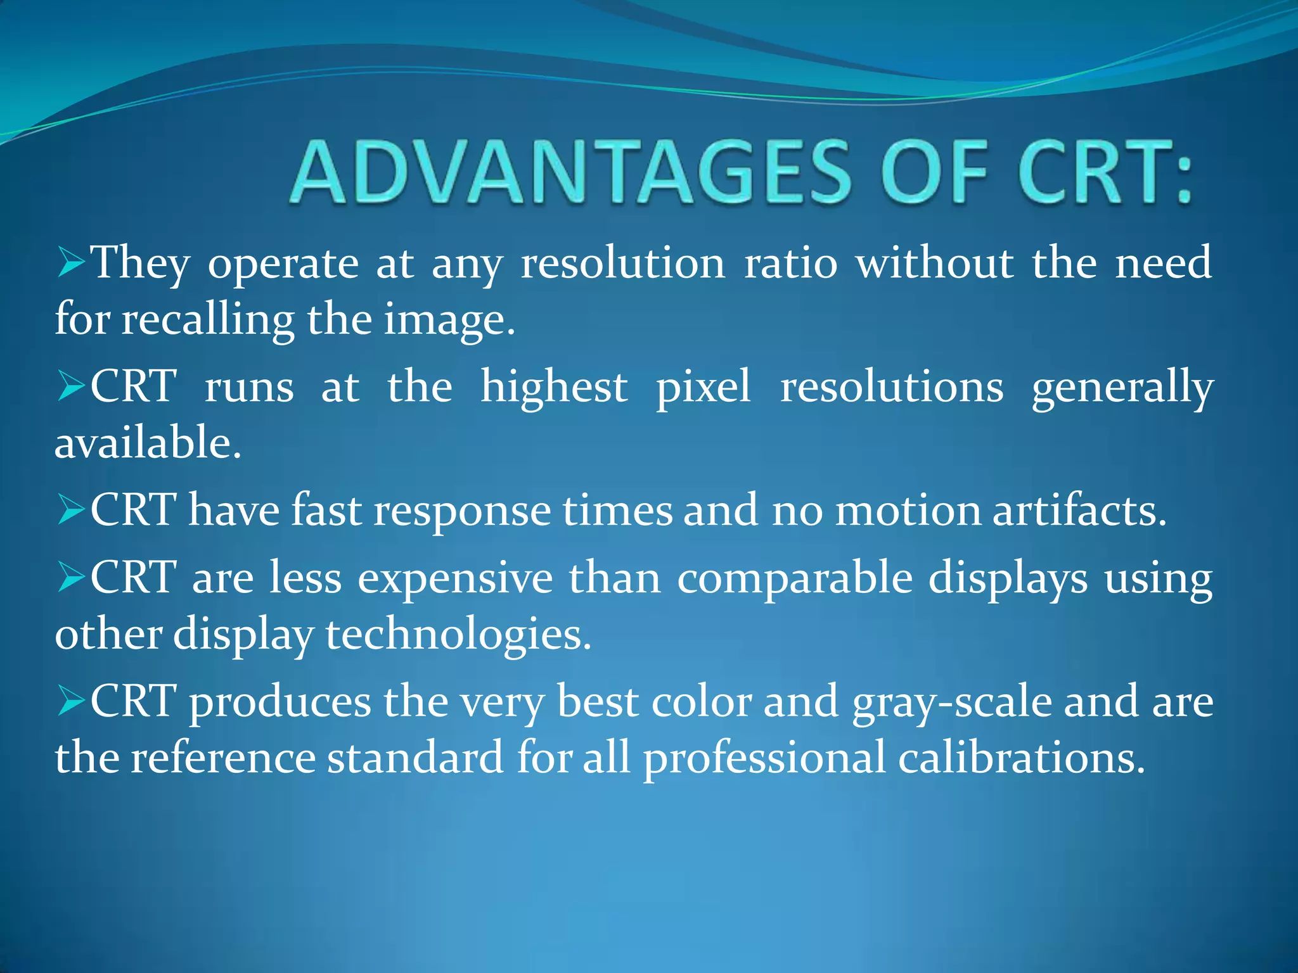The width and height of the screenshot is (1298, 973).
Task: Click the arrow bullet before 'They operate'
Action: [x=70, y=262]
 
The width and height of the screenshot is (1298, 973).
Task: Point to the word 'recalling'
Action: [x=208, y=319]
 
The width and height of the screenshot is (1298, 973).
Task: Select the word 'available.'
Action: [x=148, y=442]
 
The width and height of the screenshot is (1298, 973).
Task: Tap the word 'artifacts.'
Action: [x=1079, y=511]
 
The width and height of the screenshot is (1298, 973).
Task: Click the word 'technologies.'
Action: [x=458, y=635]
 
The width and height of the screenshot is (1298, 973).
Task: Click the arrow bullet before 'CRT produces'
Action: [x=70, y=701]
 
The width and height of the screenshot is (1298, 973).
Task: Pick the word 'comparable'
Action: [x=795, y=579]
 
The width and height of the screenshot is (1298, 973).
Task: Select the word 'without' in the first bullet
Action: [x=935, y=262]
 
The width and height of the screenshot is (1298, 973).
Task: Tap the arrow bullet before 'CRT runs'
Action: [x=70, y=386]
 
